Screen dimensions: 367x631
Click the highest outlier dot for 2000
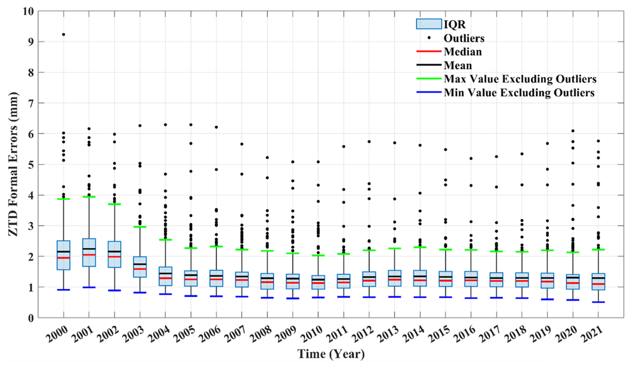click(63, 34)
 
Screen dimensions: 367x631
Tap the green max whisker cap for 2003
click(140, 227)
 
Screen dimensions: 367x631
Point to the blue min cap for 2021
click(598, 302)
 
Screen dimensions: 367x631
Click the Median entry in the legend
click(463, 52)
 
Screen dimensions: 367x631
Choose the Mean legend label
click(458, 65)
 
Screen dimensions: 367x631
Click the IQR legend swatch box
click(429, 24)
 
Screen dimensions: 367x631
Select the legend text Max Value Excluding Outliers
click(520, 79)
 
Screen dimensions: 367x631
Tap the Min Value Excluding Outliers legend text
click(519, 93)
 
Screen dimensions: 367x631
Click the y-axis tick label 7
click(31, 103)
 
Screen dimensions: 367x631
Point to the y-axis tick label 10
click(28, 11)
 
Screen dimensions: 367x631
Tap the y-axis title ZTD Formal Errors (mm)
click(13, 164)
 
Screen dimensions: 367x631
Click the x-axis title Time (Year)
click(331, 354)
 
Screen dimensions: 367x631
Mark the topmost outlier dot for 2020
click(573, 131)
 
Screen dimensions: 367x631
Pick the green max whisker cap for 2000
click(63, 199)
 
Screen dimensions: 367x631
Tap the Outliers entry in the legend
click(464, 38)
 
